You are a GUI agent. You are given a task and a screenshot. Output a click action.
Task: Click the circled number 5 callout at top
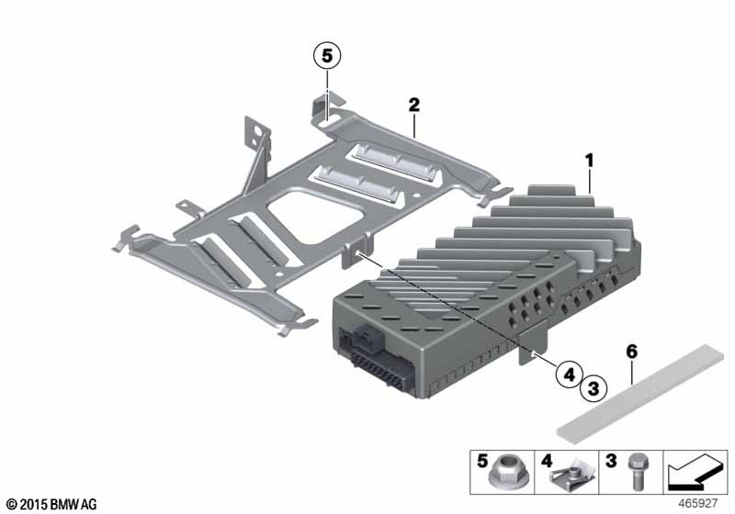[325, 56]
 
